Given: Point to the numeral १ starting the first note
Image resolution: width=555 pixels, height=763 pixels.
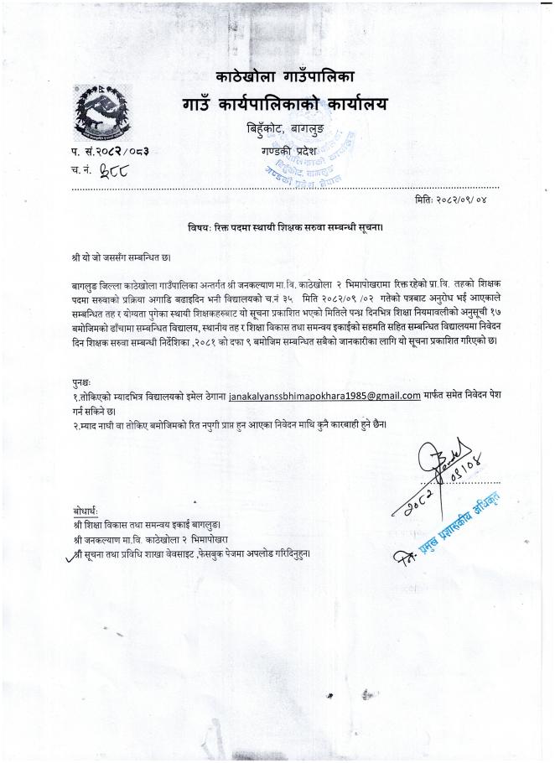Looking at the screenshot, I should (75, 394).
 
